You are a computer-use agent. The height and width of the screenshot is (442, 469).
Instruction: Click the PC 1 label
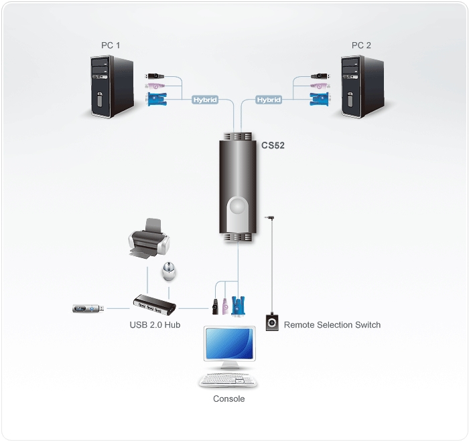(111, 45)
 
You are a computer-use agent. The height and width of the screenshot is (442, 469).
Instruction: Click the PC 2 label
(361, 45)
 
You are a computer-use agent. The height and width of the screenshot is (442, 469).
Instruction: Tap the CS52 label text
(273, 145)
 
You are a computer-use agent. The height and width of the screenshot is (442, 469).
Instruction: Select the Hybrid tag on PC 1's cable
(205, 100)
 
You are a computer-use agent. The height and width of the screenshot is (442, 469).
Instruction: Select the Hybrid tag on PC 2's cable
(269, 100)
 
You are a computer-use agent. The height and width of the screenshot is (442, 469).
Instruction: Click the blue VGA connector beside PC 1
(157, 99)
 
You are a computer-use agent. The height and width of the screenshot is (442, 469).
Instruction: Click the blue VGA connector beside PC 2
(319, 99)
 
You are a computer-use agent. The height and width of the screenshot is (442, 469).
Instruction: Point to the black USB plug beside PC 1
(155, 76)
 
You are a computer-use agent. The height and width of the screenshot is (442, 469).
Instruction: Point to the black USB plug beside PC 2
(320, 76)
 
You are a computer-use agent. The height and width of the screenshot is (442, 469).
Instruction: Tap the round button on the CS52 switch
(238, 206)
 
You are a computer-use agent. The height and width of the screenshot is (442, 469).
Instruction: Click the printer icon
(149, 238)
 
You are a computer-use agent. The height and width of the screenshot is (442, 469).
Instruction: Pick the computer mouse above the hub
(169, 271)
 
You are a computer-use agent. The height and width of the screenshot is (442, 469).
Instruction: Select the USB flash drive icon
(88, 308)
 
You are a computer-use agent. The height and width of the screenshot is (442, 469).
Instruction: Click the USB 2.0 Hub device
(154, 305)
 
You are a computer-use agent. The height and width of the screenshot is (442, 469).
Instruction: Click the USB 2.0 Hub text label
(155, 325)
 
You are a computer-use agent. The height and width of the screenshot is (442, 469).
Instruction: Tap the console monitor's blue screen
(229, 344)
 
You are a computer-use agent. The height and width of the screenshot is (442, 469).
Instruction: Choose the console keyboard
(228, 380)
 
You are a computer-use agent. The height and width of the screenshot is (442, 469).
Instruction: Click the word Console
(229, 399)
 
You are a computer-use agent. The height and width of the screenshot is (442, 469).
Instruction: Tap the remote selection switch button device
(272, 322)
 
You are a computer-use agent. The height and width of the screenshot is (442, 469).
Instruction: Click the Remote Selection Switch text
(332, 325)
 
